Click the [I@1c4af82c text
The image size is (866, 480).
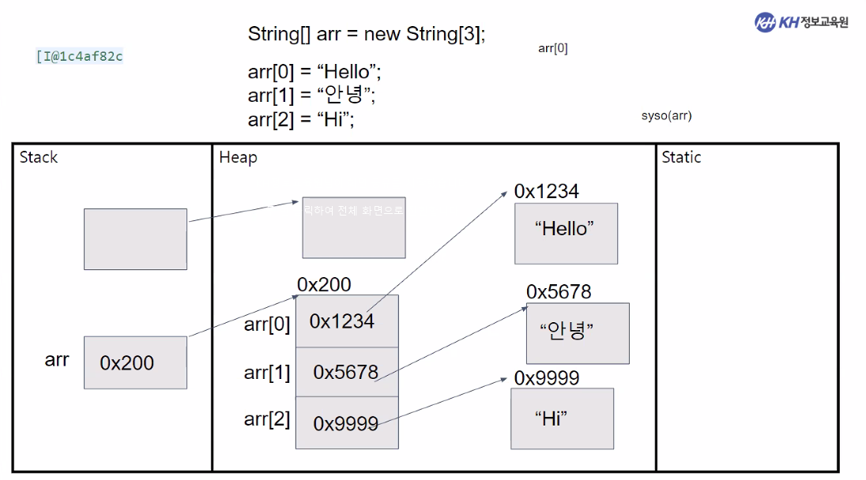[79, 56]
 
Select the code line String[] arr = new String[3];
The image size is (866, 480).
[367, 35]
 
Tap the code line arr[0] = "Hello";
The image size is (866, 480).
[314, 73]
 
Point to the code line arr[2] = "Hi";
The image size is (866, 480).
[301, 119]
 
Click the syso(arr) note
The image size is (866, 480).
[666, 116]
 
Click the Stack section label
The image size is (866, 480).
[39, 157]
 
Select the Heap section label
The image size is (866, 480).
[238, 157]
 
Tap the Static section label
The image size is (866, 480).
[681, 157]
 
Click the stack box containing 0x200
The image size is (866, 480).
[135, 362]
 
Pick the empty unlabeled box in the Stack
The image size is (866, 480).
[135, 238]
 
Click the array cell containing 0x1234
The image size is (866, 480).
[347, 321]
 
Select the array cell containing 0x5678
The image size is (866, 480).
[347, 372]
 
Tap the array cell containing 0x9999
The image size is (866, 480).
[347, 423]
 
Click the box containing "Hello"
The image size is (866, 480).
[566, 233]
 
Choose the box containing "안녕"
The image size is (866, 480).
[578, 333]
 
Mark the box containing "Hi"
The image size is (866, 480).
[562, 418]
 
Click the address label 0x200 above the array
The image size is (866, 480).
[324, 284]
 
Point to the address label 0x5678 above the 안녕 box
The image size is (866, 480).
[559, 292]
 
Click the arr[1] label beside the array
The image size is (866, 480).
[267, 372]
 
